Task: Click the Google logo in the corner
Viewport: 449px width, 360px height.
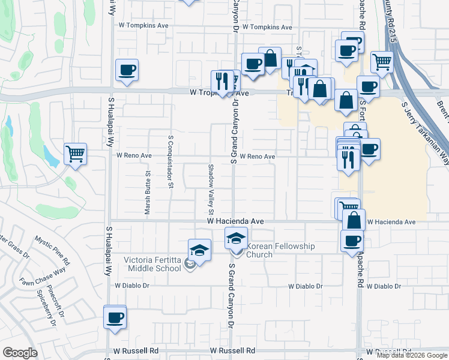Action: point(20,353)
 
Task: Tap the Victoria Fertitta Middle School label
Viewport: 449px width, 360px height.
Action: point(152,264)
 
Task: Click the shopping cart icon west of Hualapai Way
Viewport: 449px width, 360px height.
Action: point(75,154)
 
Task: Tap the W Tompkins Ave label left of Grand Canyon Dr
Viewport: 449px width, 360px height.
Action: point(143,26)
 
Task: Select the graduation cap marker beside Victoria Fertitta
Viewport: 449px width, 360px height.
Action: point(199,250)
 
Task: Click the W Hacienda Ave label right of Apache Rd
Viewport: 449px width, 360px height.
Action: point(391,222)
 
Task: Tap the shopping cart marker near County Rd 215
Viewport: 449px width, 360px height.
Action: point(382,61)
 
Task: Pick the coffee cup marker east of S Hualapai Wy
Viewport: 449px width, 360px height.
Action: point(127,70)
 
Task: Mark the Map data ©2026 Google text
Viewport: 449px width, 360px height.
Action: point(412,355)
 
